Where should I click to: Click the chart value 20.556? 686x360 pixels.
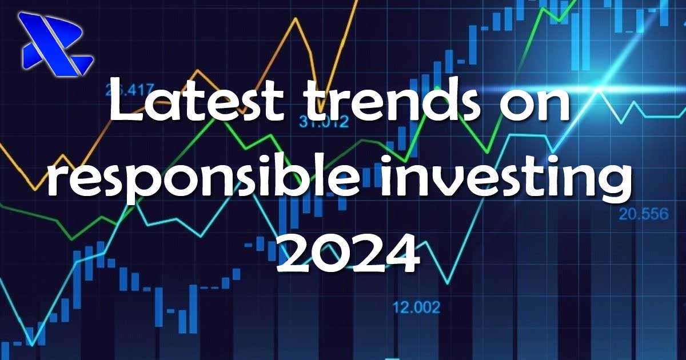pos(644,214)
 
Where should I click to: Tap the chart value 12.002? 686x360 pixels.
pos(416,307)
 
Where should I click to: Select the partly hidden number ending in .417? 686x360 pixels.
pos(129,90)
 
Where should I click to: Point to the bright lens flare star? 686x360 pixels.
pos(597,89)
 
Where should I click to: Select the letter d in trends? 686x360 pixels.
pos(430,99)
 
